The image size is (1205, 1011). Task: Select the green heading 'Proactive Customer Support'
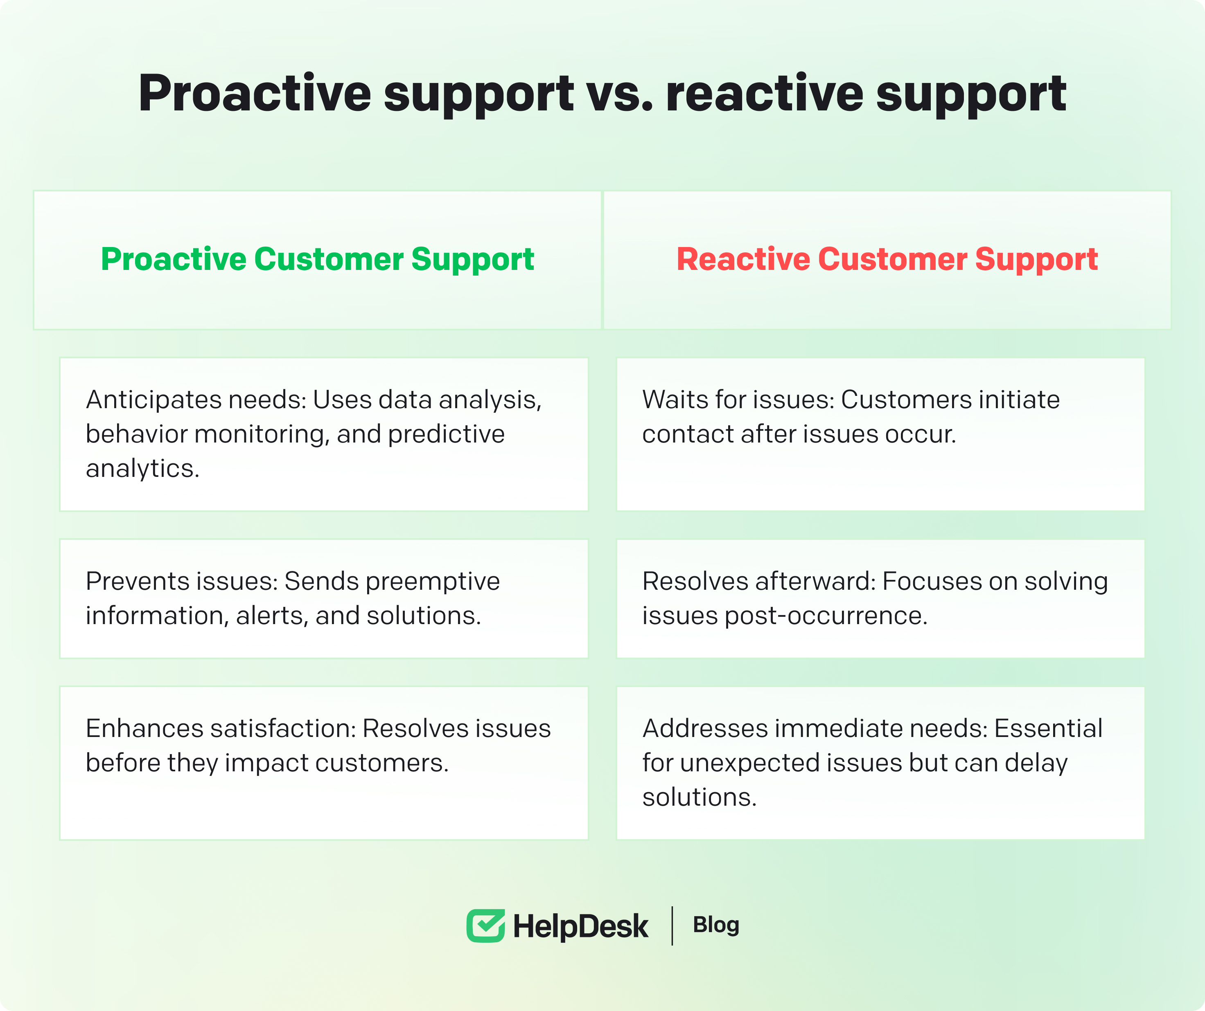click(317, 259)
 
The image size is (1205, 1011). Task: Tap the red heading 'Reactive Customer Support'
click(887, 259)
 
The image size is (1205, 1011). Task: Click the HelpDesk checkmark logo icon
click(485, 926)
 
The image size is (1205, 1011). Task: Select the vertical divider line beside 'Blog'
click(672, 926)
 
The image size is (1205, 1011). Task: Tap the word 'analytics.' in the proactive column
click(142, 469)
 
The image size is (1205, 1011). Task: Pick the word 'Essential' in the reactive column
click(1048, 728)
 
